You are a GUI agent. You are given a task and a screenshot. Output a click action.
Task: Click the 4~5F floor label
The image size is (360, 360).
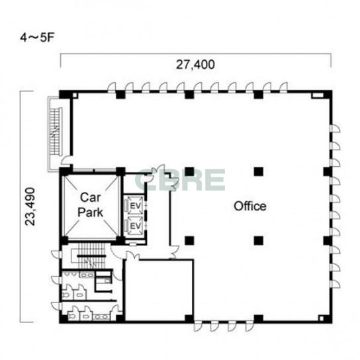[x=37, y=38]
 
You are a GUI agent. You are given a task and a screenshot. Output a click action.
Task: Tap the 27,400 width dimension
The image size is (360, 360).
[x=195, y=64]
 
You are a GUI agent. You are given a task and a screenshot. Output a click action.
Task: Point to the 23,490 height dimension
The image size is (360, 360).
[x=30, y=206]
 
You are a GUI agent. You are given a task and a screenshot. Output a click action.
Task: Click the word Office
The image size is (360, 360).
[x=250, y=206]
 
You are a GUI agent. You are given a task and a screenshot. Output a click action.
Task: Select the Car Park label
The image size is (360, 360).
[x=90, y=204]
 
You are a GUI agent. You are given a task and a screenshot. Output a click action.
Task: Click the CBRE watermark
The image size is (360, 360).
[x=179, y=179]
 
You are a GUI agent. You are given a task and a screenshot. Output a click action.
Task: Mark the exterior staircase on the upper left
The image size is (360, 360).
[x=56, y=132]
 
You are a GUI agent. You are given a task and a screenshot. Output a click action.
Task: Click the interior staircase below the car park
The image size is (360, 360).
[x=91, y=255]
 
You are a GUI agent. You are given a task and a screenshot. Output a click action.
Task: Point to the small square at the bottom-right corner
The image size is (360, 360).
[x=321, y=318]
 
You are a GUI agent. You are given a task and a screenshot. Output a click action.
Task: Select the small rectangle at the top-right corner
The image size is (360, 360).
[x=317, y=95]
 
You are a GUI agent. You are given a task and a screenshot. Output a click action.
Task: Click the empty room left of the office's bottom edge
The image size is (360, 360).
[x=159, y=290]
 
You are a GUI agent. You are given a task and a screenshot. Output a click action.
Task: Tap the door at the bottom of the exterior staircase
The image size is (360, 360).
[x=67, y=160]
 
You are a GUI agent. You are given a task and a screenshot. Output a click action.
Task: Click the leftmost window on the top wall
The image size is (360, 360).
[x=112, y=87]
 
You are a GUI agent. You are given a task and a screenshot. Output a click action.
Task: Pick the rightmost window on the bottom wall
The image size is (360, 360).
[x=249, y=326]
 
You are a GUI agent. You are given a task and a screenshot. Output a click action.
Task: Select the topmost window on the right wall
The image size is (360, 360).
[x=335, y=128]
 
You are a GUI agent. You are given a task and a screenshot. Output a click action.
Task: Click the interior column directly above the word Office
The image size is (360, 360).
[x=259, y=171]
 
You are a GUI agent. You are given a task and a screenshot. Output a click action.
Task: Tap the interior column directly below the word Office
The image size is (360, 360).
[x=259, y=240]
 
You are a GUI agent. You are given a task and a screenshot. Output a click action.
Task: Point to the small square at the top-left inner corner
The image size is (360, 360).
[x=75, y=95]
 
